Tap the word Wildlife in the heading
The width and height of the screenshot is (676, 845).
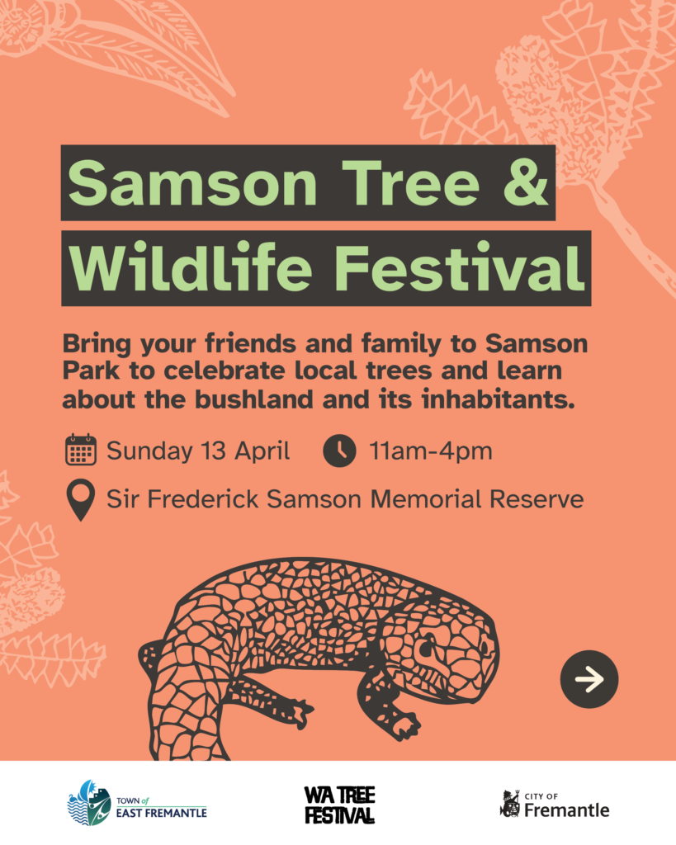point(191,267)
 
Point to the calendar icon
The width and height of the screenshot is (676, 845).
point(81,450)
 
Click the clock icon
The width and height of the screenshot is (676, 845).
point(339,450)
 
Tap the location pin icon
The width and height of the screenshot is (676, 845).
point(81,500)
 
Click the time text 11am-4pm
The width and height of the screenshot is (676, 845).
point(431,451)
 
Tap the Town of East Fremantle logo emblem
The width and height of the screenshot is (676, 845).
point(89,803)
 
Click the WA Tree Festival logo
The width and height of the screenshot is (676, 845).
point(339,805)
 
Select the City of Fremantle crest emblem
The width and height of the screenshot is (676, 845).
point(510,804)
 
